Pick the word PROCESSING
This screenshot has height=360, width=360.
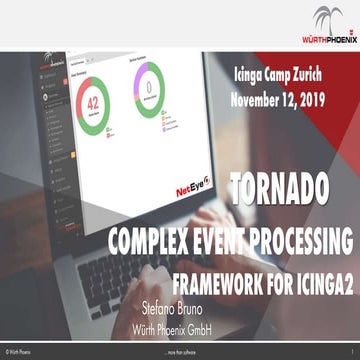(309, 241)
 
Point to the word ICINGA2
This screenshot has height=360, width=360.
(322, 274)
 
